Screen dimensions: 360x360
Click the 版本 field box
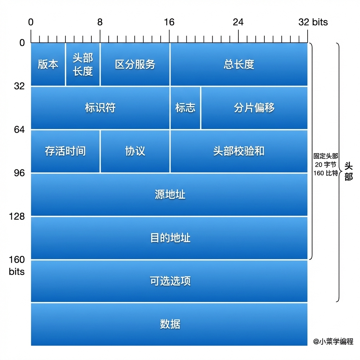[x=48, y=64]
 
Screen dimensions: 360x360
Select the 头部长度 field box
[x=83, y=64]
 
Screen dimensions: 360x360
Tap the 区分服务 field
[x=135, y=64]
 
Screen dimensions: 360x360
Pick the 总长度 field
[x=239, y=64]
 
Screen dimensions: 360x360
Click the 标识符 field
[x=100, y=108]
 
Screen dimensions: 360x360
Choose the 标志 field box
[x=185, y=108]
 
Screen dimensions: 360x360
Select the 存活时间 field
[x=65, y=151]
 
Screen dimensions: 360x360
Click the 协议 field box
[x=135, y=151]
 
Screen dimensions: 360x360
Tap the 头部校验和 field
[x=239, y=151]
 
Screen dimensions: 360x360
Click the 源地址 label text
[x=170, y=194]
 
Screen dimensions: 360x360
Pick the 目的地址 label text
[x=170, y=238]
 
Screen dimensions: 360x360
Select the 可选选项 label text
[x=170, y=281]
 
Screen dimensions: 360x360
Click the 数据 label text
[x=170, y=324]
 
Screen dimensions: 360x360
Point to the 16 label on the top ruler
[x=169, y=22]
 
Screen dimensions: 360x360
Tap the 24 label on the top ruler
[x=238, y=22]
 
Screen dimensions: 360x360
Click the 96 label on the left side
[x=19, y=173]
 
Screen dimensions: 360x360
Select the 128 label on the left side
[x=17, y=216]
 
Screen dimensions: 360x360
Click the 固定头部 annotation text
[x=326, y=156]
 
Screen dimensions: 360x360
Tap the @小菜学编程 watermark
[x=333, y=342]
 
